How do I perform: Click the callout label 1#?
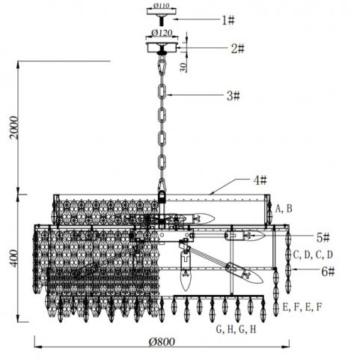(228, 20)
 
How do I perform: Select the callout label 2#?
(238, 49)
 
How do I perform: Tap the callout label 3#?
(234, 96)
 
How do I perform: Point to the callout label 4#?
(260, 180)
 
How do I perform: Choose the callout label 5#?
(323, 238)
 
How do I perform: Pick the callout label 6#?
(328, 272)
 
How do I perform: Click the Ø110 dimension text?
(162, 5)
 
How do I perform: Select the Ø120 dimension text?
(162, 33)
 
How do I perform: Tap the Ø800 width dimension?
(162, 342)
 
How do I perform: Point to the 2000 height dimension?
(14, 128)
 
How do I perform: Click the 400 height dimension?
(14, 258)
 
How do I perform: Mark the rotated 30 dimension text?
(183, 67)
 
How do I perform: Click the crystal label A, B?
(284, 209)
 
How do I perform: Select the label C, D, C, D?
(313, 255)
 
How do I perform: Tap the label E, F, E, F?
(302, 307)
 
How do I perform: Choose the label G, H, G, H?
(236, 329)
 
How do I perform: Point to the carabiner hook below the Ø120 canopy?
(162, 66)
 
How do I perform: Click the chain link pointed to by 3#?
(162, 92)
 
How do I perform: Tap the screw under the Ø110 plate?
(162, 20)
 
